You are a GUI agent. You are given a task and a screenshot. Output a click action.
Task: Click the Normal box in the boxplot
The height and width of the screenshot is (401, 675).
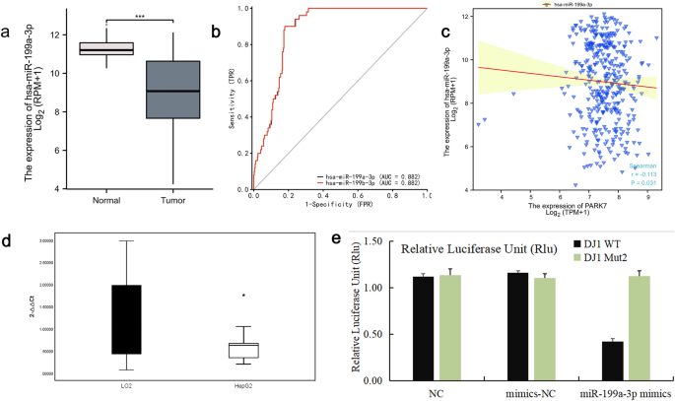(x=105, y=49)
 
